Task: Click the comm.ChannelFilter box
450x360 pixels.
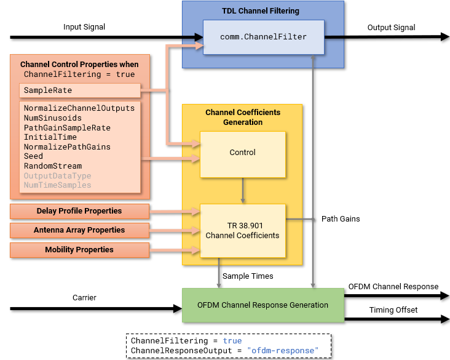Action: tap(263, 37)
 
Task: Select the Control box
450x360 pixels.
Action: tap(242, 153)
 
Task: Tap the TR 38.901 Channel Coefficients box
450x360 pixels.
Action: tap(242, 231)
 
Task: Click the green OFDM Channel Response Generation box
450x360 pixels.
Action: tap(262, 305)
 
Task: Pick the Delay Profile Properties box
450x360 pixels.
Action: tap(79, 212)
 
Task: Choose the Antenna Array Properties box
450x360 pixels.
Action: tap(79, 230)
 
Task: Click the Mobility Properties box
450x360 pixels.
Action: tap(79, 250)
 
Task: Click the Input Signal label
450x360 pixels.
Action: tap(84, 27)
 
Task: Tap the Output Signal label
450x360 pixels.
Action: tap(391, 28)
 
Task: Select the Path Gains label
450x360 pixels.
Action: tap(341, 219)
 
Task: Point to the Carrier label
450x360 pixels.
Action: tap(84, 298)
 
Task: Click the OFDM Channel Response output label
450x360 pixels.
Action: tap(393, 287)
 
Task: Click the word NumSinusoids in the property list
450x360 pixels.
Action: tap(52, 118)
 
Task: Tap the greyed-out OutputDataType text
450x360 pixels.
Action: tap(57, 176)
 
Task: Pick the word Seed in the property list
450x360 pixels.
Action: tap(33, 156)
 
